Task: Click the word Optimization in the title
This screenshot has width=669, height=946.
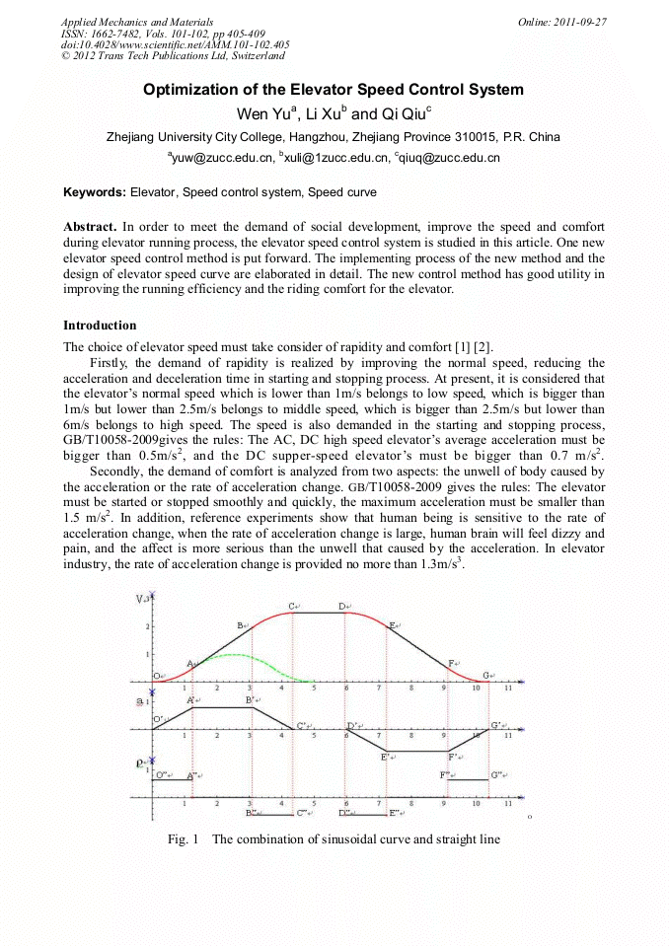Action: click(188, 90)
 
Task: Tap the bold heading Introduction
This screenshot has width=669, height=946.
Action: click(100, 325)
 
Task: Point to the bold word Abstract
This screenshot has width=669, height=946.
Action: click(90, 227)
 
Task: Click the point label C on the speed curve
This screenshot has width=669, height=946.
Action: click(293, 606)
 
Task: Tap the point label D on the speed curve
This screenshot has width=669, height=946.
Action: click(341, 606)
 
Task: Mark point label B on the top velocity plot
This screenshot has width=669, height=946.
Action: click(240, 625)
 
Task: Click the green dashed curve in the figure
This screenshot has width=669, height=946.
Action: click(237, 655)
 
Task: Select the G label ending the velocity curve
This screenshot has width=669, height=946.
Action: click(486, 676)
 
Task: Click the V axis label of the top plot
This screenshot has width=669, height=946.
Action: click(139, 599)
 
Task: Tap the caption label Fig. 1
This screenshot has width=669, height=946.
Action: click(184, 839)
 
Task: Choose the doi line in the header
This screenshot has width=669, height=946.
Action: click(176, 44)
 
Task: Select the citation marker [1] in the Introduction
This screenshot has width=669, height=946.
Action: click(456, 346)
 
